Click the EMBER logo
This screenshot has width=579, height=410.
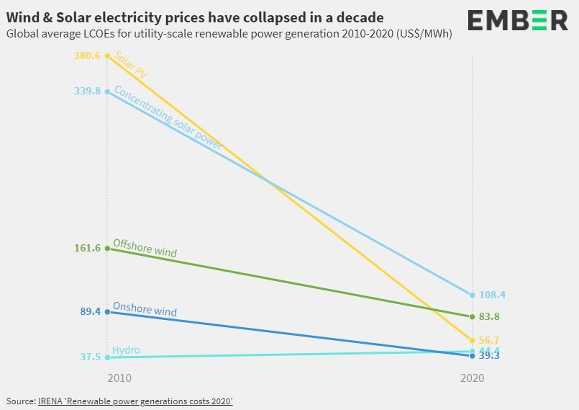coord(517,21)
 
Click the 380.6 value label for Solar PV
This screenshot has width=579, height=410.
coord(88,55)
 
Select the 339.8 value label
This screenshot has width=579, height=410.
coord(88,91)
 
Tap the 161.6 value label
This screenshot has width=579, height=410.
coord(88,248)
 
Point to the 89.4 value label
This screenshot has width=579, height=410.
coord(91,311)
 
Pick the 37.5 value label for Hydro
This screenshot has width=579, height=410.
coord(91,357)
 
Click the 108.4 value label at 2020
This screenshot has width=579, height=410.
coord(493,295)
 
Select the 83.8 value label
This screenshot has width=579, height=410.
coord(490,316)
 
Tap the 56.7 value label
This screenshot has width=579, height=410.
coord(490,340)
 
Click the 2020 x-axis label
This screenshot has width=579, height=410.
coord(473,378)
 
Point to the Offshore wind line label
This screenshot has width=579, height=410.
coord(145,249)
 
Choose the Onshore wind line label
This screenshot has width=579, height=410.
coord(145,310)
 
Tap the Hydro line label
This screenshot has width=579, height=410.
coord(126,350)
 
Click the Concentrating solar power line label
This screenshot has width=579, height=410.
coord(168,118)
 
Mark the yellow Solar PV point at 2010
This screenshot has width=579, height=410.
coord(108,55)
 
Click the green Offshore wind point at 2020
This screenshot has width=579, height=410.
coord(472,316)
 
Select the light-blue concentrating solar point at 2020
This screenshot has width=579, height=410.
coord(472,295)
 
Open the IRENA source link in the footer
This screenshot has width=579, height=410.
coord(135,401)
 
